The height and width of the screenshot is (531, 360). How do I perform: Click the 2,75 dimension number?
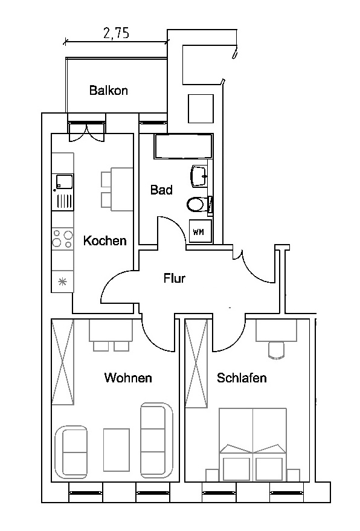coord(116,33)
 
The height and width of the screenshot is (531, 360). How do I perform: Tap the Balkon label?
coord(108,91)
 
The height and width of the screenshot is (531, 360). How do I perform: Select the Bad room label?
coord(161,190)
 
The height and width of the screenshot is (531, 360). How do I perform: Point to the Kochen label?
coord(105,240)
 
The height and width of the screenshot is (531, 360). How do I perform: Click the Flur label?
coord(175,278)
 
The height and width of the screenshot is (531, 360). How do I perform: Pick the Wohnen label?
coord(128,377)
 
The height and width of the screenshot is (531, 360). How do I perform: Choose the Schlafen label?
coord(242,377)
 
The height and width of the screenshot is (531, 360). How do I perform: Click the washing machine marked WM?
coord(200,231)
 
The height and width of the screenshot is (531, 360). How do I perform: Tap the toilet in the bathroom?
coord(199,204)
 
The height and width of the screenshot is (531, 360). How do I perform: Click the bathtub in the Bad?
coord(183,146)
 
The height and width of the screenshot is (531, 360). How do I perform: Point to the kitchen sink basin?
coord(63,181)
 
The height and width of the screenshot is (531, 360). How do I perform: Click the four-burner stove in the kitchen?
coord(62,239)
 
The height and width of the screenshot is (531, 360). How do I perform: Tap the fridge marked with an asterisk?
coord(62,281)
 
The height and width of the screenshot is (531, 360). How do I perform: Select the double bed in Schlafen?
coord(252,445)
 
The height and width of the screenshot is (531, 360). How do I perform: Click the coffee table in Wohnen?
coord(116,449)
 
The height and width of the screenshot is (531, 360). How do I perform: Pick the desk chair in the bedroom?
coord(277,350)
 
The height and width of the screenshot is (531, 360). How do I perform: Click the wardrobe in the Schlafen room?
coord(196,364)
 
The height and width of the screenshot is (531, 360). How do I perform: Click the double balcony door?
coord(87,132)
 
